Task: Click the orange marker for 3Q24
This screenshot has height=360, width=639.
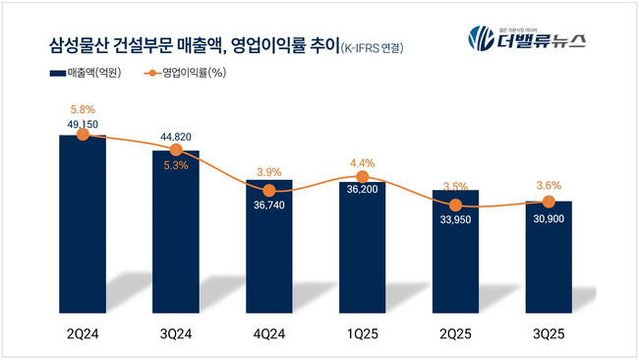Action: [x=176, y=150]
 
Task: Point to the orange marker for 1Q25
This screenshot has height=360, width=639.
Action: [x=362, y=177]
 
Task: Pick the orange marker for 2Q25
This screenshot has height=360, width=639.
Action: [x=454, y=205]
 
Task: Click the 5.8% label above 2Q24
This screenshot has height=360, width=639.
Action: [x=83, y=109]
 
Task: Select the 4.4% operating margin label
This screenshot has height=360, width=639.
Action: [x=362, y=162]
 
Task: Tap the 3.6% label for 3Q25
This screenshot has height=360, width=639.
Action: [x=547, y=184]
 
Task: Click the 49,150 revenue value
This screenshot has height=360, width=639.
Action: [x=83, y=124]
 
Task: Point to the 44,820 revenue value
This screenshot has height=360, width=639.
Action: [x=176, y=137]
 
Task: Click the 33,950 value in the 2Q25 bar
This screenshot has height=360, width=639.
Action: [x=454, y=220]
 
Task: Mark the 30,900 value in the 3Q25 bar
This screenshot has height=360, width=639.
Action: [x=547, y=216]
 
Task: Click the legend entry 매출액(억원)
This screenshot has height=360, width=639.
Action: [x=84, y=74]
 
